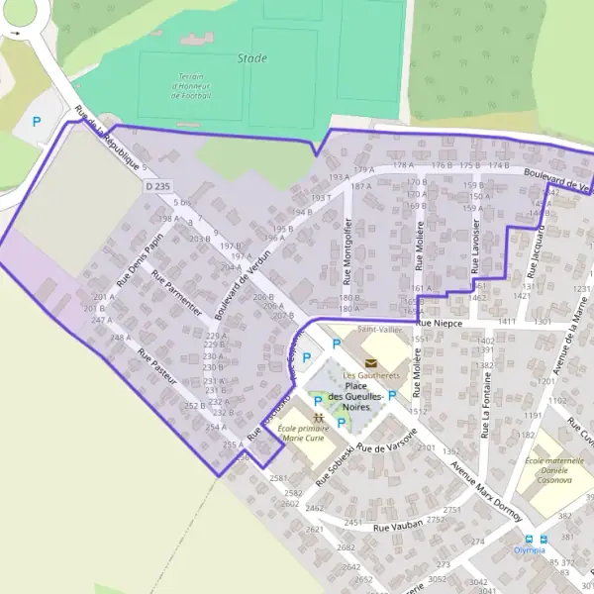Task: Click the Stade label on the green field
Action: [252, 58]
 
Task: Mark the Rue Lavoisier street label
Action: [476, 247]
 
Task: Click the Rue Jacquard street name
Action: [537, 251]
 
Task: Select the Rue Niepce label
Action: [440, 323]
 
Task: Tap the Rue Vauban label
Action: [399, 526]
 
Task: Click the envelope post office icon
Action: [370, 363]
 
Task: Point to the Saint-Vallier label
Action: [380, 330]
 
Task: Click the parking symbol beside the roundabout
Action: [37, 122]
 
